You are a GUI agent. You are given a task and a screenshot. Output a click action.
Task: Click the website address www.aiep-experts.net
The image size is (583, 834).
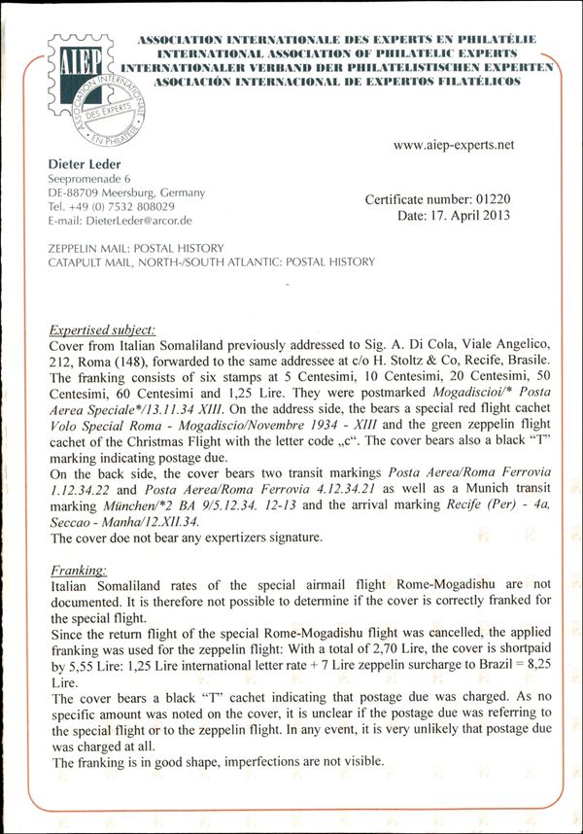454,145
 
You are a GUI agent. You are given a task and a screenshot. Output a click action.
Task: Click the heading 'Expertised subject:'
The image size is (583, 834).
101,330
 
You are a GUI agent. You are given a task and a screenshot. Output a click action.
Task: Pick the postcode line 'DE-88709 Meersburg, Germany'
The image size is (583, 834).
126,192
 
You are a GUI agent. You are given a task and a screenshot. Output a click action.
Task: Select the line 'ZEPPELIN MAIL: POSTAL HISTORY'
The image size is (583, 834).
135,249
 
